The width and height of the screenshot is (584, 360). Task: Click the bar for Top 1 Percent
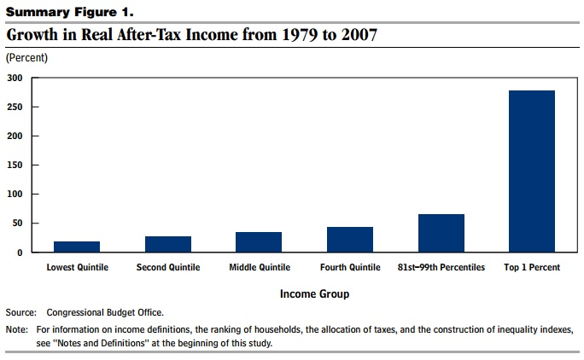(532, 171)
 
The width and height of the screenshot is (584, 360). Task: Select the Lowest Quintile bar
(77, 247)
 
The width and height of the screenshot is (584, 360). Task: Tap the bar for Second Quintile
(168, 244)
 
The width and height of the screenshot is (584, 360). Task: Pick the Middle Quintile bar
(259, 242)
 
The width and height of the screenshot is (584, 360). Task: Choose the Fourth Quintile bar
(350, 240)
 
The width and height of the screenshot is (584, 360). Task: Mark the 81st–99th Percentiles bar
(441, 233)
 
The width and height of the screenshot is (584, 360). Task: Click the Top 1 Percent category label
(532, 268)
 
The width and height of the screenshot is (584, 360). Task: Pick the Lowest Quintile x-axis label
(77, 268)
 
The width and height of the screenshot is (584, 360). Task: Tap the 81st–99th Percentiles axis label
(441, 268)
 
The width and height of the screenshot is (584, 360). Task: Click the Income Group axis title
(314, 293)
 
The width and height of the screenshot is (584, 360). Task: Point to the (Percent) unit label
(26, 58)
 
